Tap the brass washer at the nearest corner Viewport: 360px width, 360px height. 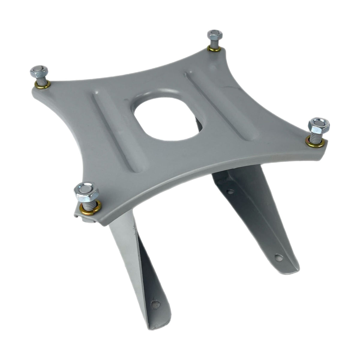pyautogui.click(x=90, y=207)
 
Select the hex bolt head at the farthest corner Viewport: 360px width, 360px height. pyautogui.click(x=215, y=34)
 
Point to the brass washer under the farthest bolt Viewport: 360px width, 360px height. pyautogui.click(x=215, y=49)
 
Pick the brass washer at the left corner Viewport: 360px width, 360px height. pyautogui.click(x=42, y=85)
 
